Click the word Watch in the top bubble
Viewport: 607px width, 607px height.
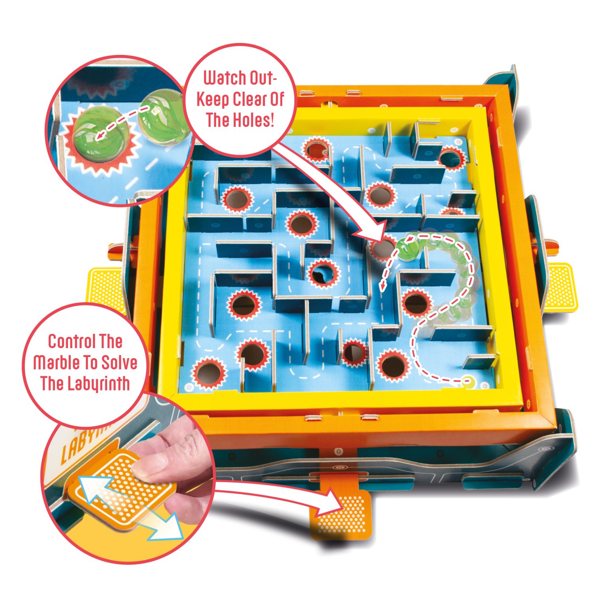224,78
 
